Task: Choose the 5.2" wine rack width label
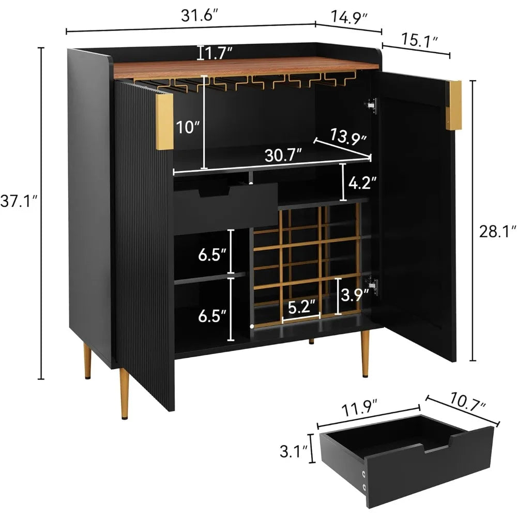click(301, 307)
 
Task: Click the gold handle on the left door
click(164, 122)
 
